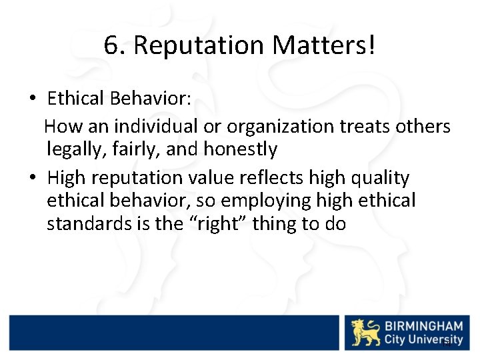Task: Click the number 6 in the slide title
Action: (111, 45)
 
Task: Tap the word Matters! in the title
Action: (325, 45)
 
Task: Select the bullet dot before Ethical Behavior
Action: (32, 99)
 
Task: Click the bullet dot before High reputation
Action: (32, 179)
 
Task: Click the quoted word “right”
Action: (213, 223)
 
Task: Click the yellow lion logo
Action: (366, 333)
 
